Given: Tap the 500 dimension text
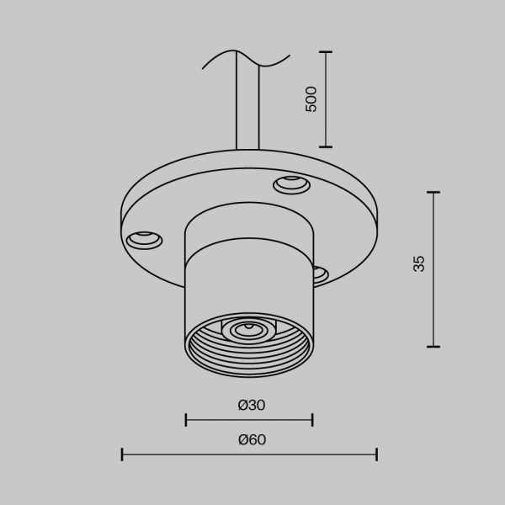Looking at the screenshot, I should [x=311, y=99].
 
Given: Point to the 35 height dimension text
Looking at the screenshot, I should [x=419, y=263].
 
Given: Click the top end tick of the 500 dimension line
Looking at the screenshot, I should [x=325, y=52].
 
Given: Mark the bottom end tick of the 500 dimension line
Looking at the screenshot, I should [x=325, y=146].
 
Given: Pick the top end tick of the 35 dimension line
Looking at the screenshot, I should [x=433, y=193].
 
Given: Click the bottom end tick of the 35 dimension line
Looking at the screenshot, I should [x=433, y=346].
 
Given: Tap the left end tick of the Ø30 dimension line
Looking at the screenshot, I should [x=187, y=419].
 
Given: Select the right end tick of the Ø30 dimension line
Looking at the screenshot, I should [x=312, y=419].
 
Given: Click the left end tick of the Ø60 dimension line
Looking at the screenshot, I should [x=123, y=454].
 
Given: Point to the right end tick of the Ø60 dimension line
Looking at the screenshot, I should [x=376, y=454].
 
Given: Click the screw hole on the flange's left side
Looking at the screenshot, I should [x=144, y=240].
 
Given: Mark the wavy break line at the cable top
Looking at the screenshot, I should [x=244, y=57].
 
